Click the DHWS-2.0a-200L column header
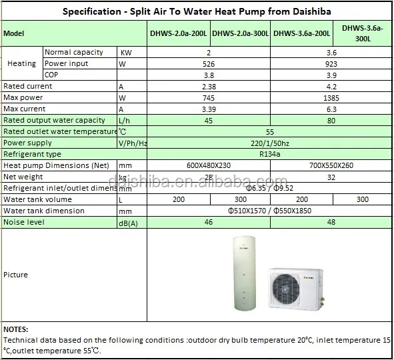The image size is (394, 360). tap(179, 34)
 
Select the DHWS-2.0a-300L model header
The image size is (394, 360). tap(241, 34)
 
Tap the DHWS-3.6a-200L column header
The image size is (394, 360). tap(302, 34)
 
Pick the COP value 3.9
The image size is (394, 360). tap(332, 75)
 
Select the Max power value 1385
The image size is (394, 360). tap(332, 97)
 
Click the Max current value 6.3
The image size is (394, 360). tap(332, 109)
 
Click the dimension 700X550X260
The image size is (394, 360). tap(332, 165)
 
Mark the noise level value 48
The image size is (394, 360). tap(332, 222)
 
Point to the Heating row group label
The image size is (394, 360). tap(21, 63)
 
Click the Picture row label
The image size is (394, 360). tap(16, 275)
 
